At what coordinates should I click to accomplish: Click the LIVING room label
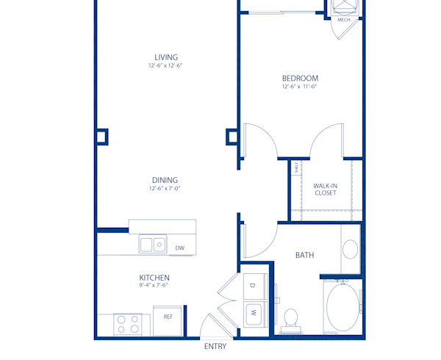[x=165, y=57]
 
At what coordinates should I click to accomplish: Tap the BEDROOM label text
[x=300, y=78]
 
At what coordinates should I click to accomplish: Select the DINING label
[x=165, y=180]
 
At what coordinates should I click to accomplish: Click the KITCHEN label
[x=154, y=278]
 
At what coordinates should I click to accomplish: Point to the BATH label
[x=304, y=256]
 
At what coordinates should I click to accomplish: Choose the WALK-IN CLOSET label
[x=325, y=190]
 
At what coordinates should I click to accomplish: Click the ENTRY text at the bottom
[x=215, y=347]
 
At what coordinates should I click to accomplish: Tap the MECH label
[x=343, y=20]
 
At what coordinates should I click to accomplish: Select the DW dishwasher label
[x=180, y=248]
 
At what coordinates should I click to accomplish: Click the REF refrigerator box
[x=168, y=317]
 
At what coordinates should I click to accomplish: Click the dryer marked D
[x=251, y=284]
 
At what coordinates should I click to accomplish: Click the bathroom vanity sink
[x=350, y=248]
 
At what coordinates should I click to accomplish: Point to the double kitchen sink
[x=153, y=244]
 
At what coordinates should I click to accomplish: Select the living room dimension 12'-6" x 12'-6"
[x=165, y=66]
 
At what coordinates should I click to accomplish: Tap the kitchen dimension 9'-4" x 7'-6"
[x=154, y=286]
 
